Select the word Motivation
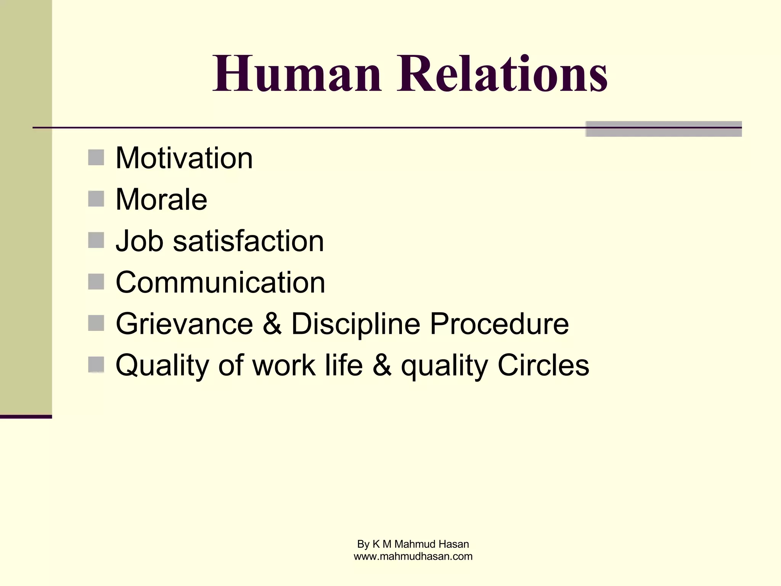point(184,158)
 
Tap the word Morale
point(161,200)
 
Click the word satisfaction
point(248,241)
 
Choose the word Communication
point(220,283)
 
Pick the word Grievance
point(184,324)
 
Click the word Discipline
point(355,324)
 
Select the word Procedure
point(499,324)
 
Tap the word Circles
point(543,365)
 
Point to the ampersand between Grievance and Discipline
point(272,324)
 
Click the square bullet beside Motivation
point(96,158)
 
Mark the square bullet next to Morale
point(96,199)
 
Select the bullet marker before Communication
point(96,282)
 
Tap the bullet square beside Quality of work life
point(96,364)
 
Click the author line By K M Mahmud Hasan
point(413,544)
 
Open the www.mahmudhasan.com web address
point(413,556)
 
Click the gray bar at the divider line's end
point(664,129)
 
